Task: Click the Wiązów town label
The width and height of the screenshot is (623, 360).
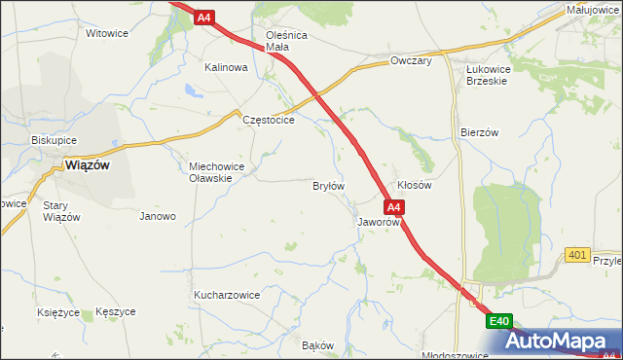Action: pos(88,164)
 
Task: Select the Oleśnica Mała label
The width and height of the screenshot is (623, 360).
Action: pos(286,41)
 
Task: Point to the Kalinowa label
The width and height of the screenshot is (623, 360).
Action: pos(226,68)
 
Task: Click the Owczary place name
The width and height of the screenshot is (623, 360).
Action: pos(410,60)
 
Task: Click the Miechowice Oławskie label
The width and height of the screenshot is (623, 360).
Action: pos(223,171)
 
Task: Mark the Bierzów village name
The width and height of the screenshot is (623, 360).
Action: pos(479,131)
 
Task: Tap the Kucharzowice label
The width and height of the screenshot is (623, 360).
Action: pos(227,294)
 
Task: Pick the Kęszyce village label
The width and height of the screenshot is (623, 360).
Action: pos(116,311)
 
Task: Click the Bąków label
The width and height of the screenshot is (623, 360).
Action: pos(318,345)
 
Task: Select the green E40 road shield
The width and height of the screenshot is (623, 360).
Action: pos(499,321)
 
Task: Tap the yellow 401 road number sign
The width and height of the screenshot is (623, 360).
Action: pos(577,255)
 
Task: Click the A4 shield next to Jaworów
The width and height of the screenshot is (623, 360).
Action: pos(393,207)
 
